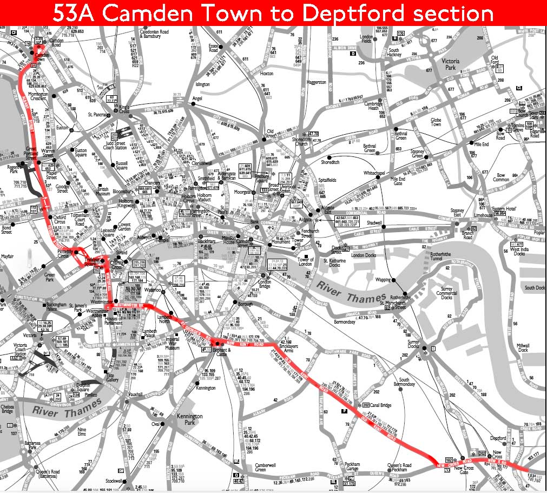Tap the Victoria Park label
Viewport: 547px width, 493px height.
(450, 65)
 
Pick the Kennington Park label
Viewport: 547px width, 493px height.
(189, 419)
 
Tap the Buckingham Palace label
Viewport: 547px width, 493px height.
(56, 307)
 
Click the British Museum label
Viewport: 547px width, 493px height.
(102, 193)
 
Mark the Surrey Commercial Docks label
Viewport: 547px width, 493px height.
(446, 293)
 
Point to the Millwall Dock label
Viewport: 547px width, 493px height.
(523, 347)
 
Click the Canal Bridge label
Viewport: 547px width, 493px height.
(381, 405)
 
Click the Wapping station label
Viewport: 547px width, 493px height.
(382, 280)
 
